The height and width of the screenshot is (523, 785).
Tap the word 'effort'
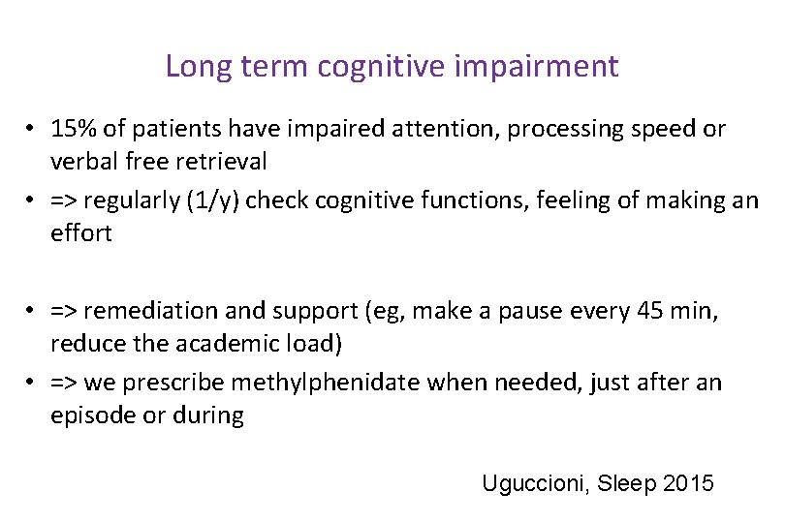[81, 232]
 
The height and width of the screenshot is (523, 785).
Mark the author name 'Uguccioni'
[530, 483]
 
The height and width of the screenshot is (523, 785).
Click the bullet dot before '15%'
[32, 130]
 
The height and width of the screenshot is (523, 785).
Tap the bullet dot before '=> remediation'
[32, 312]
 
